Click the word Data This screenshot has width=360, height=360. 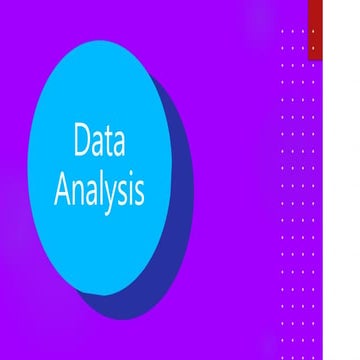click(99, 144)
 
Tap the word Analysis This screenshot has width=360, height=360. click(99, 189)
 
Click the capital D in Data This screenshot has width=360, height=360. click(81, 144)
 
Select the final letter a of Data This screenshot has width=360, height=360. click(119, 147)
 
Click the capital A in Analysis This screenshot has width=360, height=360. click(63, 187)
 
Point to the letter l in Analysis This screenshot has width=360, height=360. click(103, 187)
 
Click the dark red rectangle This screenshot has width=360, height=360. click(315, 28)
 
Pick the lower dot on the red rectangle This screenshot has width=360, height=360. click(313, 48)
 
